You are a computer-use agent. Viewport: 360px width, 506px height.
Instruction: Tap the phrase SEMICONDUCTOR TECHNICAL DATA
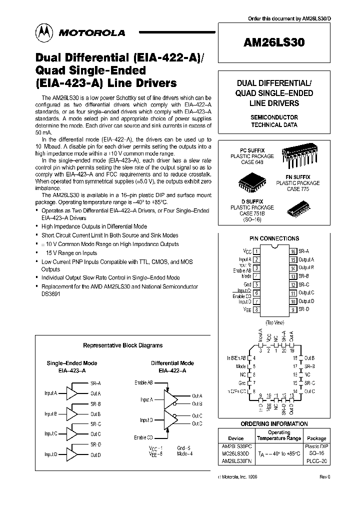coord(274,121)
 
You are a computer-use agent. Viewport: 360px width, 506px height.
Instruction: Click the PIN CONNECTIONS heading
coord(274,238)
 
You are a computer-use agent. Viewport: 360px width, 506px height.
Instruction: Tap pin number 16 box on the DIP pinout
coord(293,251)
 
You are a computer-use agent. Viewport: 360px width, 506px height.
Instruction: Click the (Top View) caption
coord(274,322)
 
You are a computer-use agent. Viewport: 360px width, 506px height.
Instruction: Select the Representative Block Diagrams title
coord(122,345)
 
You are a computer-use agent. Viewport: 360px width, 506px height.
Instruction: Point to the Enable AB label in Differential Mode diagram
coord(143,382)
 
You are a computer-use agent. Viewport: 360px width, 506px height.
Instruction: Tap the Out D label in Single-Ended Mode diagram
coord(95,455)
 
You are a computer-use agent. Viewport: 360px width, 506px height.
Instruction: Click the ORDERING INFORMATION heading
coord(274,424)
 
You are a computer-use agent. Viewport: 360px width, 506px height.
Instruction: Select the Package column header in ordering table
coord(316,438)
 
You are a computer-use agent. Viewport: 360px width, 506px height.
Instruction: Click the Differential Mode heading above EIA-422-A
coord(172,363)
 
